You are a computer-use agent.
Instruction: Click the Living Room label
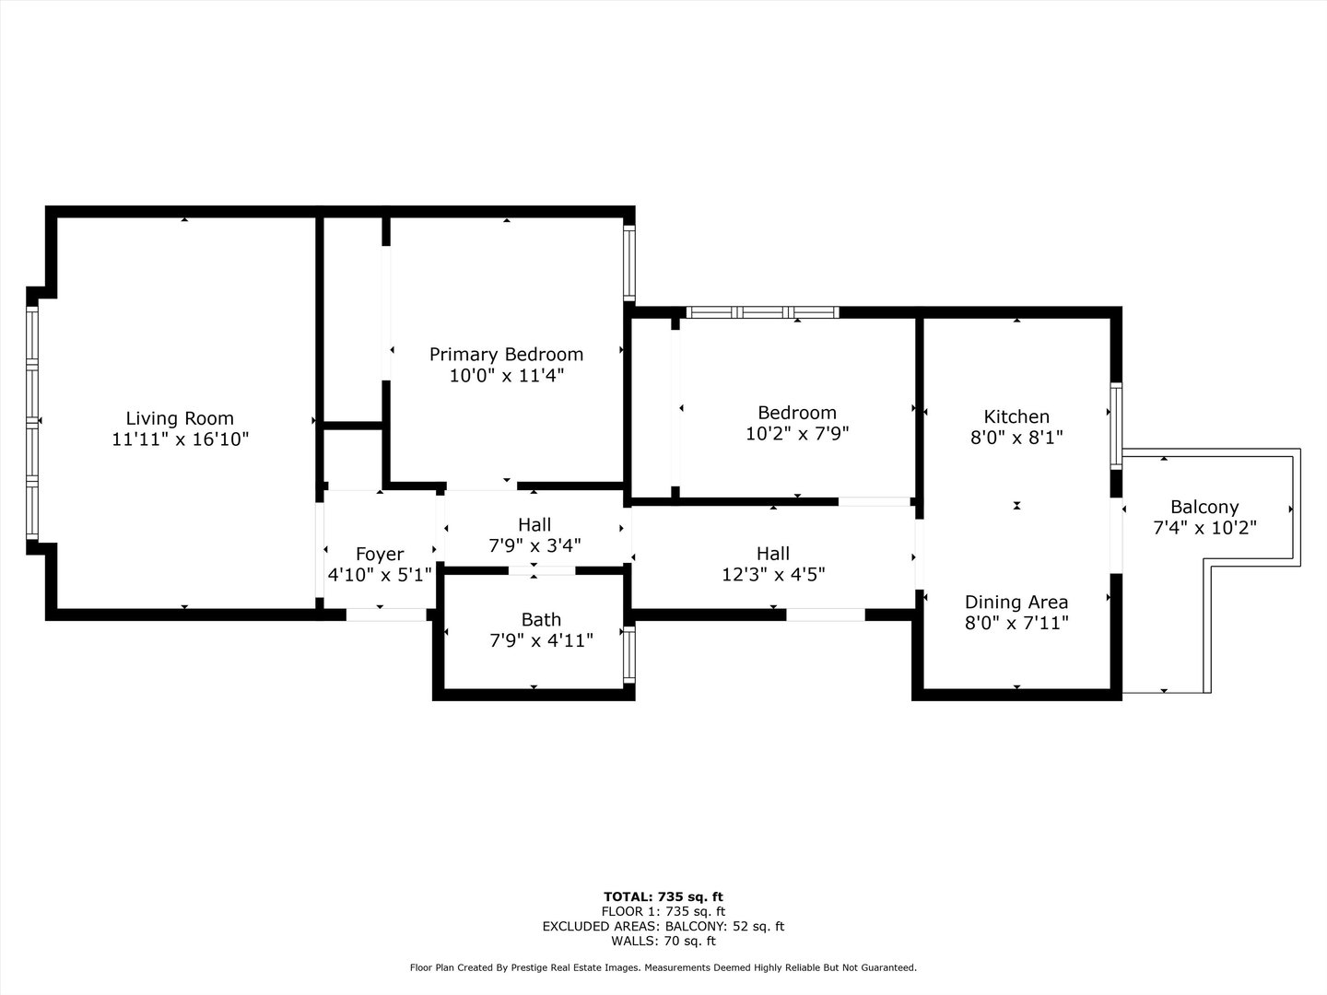point(180,418)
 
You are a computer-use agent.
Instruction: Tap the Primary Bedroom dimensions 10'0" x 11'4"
point(506,376)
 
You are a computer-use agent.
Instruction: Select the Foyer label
point(380,554)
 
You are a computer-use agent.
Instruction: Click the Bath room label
point(541,619)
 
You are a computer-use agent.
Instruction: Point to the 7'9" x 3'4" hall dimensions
point(534,545)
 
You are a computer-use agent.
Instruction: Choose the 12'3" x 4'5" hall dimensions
point(772,575)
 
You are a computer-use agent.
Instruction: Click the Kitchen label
point(1016,416)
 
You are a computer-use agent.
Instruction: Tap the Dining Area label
point(1016,602)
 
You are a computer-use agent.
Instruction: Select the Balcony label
point(1204,507)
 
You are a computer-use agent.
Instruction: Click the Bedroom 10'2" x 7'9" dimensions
point(797,434)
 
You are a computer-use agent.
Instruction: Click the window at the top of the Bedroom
point(763,312)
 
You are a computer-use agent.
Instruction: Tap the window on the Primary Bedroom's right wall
point(629,263)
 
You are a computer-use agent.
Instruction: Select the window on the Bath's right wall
point(629,653)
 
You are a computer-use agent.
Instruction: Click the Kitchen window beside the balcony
point(1116,427)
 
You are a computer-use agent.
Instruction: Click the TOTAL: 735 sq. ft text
point(663,896)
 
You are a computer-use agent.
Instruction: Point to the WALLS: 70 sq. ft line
point(663,941)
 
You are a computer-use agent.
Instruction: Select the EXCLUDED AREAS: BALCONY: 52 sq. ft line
point(663,926)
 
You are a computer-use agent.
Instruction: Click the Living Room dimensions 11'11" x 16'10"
point(180,439)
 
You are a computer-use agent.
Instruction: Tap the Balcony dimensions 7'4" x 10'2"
point(1204,528)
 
